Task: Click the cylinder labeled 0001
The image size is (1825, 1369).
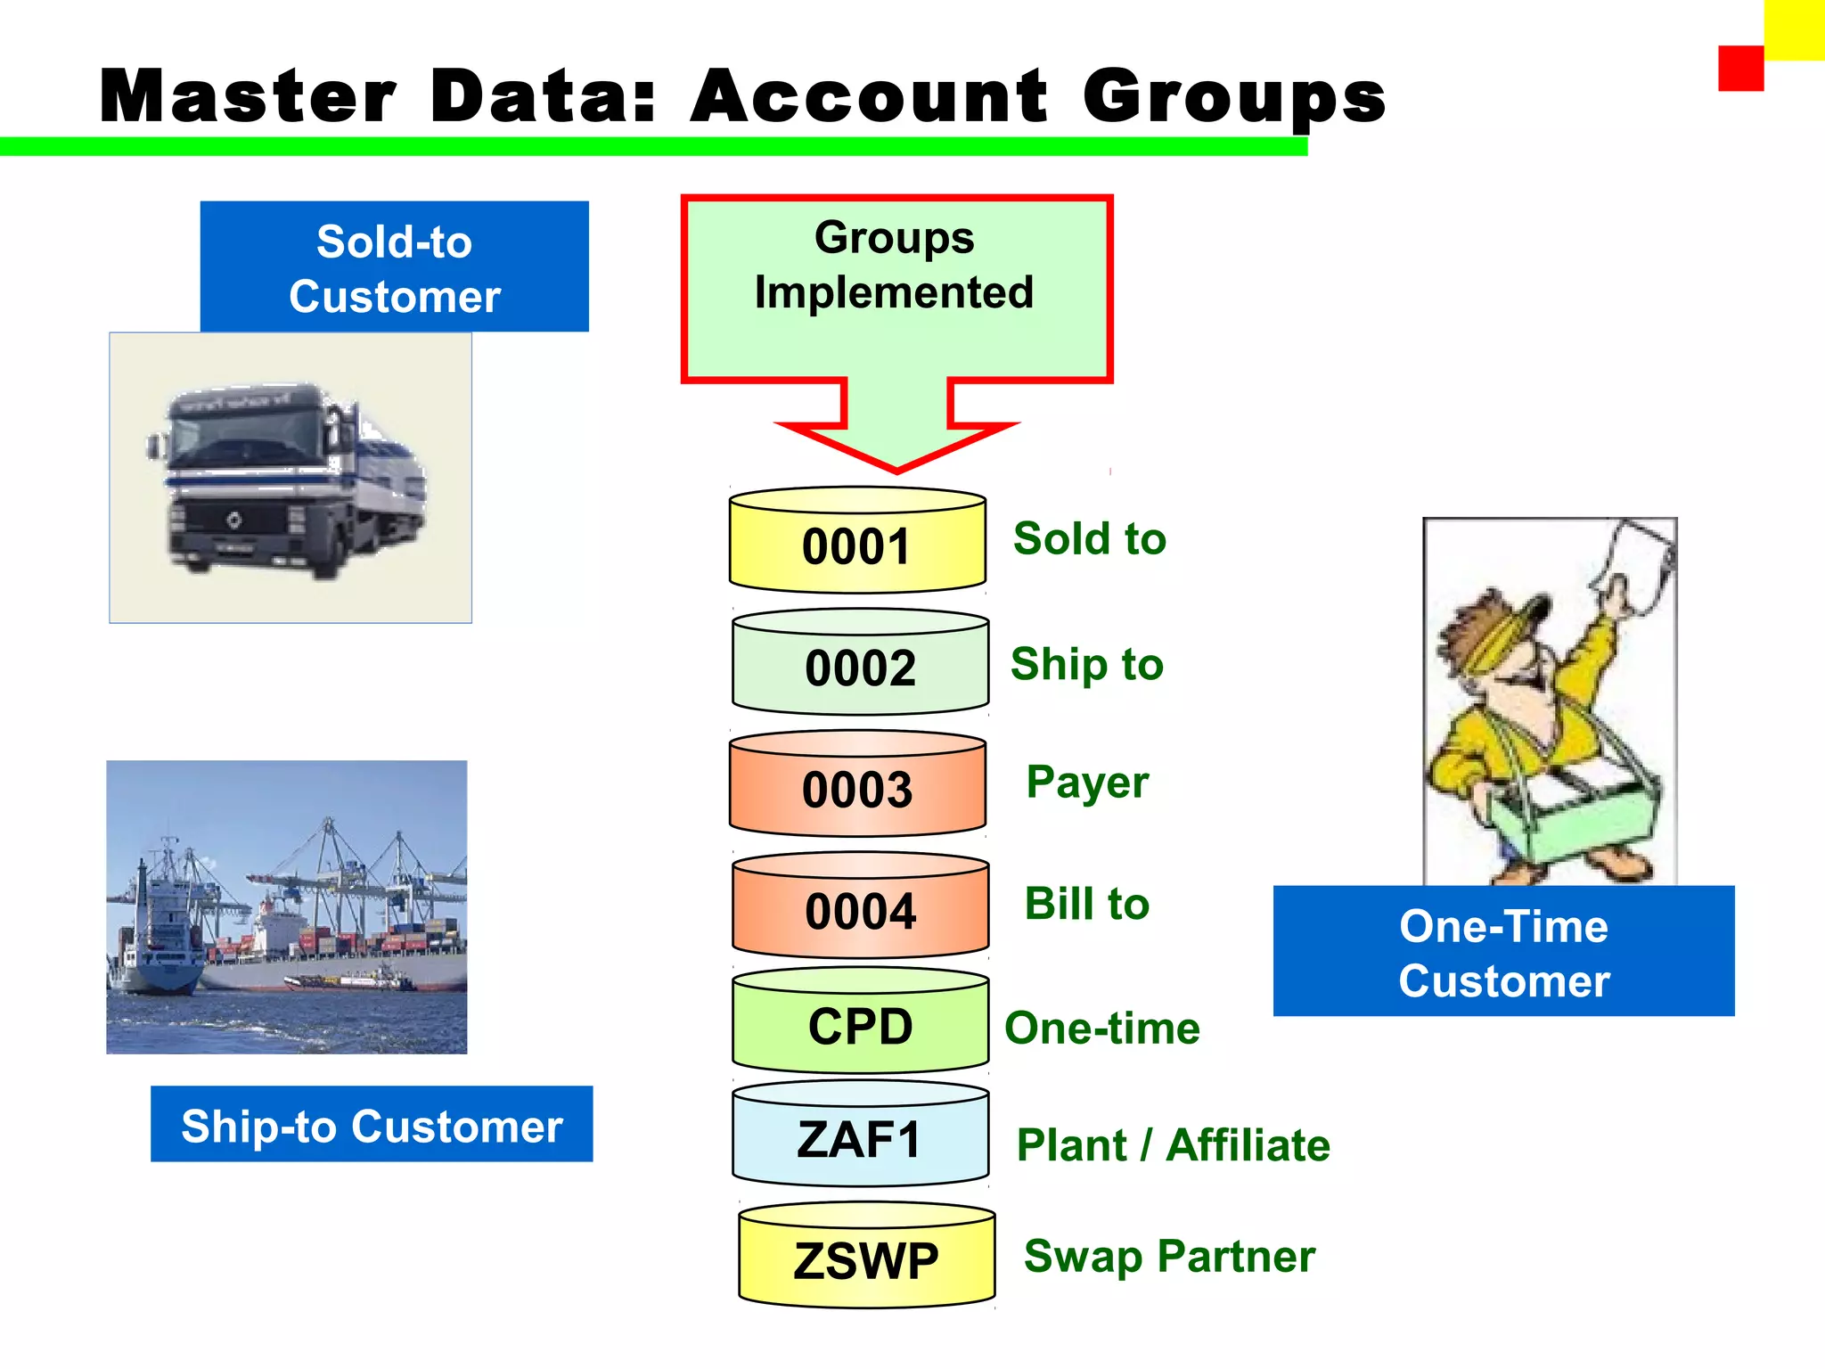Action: [x=857, y=541]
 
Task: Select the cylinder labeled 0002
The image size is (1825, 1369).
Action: [x=860, y=663]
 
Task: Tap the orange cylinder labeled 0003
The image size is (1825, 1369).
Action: [x=857, y=785]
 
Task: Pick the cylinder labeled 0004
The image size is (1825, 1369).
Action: [x=860, y=907]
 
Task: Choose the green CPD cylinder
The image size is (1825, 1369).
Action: [x=860, y=1022]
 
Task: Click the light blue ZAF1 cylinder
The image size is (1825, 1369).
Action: [x=860, y=1135]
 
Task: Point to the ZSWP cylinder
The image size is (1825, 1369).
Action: [x=866, y=1258]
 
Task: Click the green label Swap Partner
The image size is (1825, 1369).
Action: [x=1169, y=1256]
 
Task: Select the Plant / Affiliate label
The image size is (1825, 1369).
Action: [x=1173, y=1145]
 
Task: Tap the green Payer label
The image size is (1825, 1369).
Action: [x=1087, y=782]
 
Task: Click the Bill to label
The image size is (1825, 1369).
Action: [x=1086, y=904]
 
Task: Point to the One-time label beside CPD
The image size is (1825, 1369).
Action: [x=1102, y=1029]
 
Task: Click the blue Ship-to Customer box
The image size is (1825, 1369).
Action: [x=372, y=1124]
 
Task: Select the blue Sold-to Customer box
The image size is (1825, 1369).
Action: [x=394, y=267]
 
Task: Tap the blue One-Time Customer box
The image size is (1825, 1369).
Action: [x=1503, y=951]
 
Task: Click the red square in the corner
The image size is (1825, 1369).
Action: [x=1740, y=69]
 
